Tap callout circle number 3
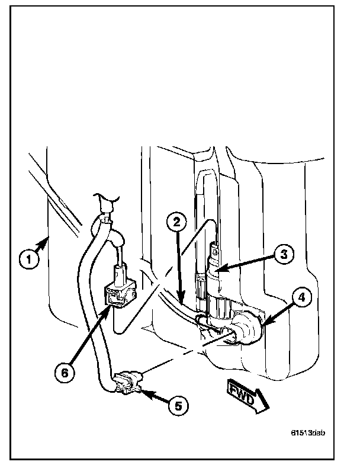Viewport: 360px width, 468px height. click(284, 255)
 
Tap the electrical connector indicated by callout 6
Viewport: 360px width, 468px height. click(120, 294)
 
